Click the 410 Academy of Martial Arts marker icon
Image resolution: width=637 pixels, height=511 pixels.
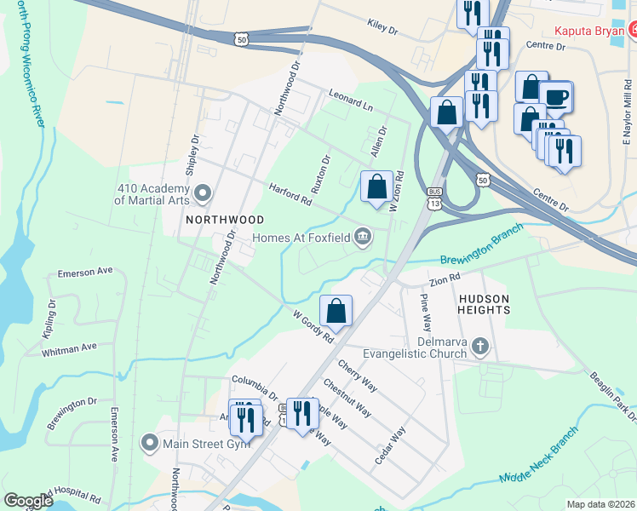[202, 194]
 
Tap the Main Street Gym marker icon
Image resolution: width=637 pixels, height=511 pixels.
[150, 441]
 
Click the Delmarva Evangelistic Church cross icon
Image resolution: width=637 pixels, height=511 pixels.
[481, 346]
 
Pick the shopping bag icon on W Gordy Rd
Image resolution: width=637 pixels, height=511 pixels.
[336, 311]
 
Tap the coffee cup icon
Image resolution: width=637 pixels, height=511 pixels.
[557, 96]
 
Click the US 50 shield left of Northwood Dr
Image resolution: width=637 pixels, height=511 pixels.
[243, 38]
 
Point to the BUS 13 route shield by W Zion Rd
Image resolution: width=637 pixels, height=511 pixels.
[435, 198]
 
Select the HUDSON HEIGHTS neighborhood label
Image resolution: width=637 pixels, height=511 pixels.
[484, 305]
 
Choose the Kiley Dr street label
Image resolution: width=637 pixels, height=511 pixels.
[382, 26]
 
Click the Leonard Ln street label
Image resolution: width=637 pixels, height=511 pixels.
[351, 102]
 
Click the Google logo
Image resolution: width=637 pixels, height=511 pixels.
[28, 501]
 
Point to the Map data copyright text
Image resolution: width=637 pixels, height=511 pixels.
[600, 504]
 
